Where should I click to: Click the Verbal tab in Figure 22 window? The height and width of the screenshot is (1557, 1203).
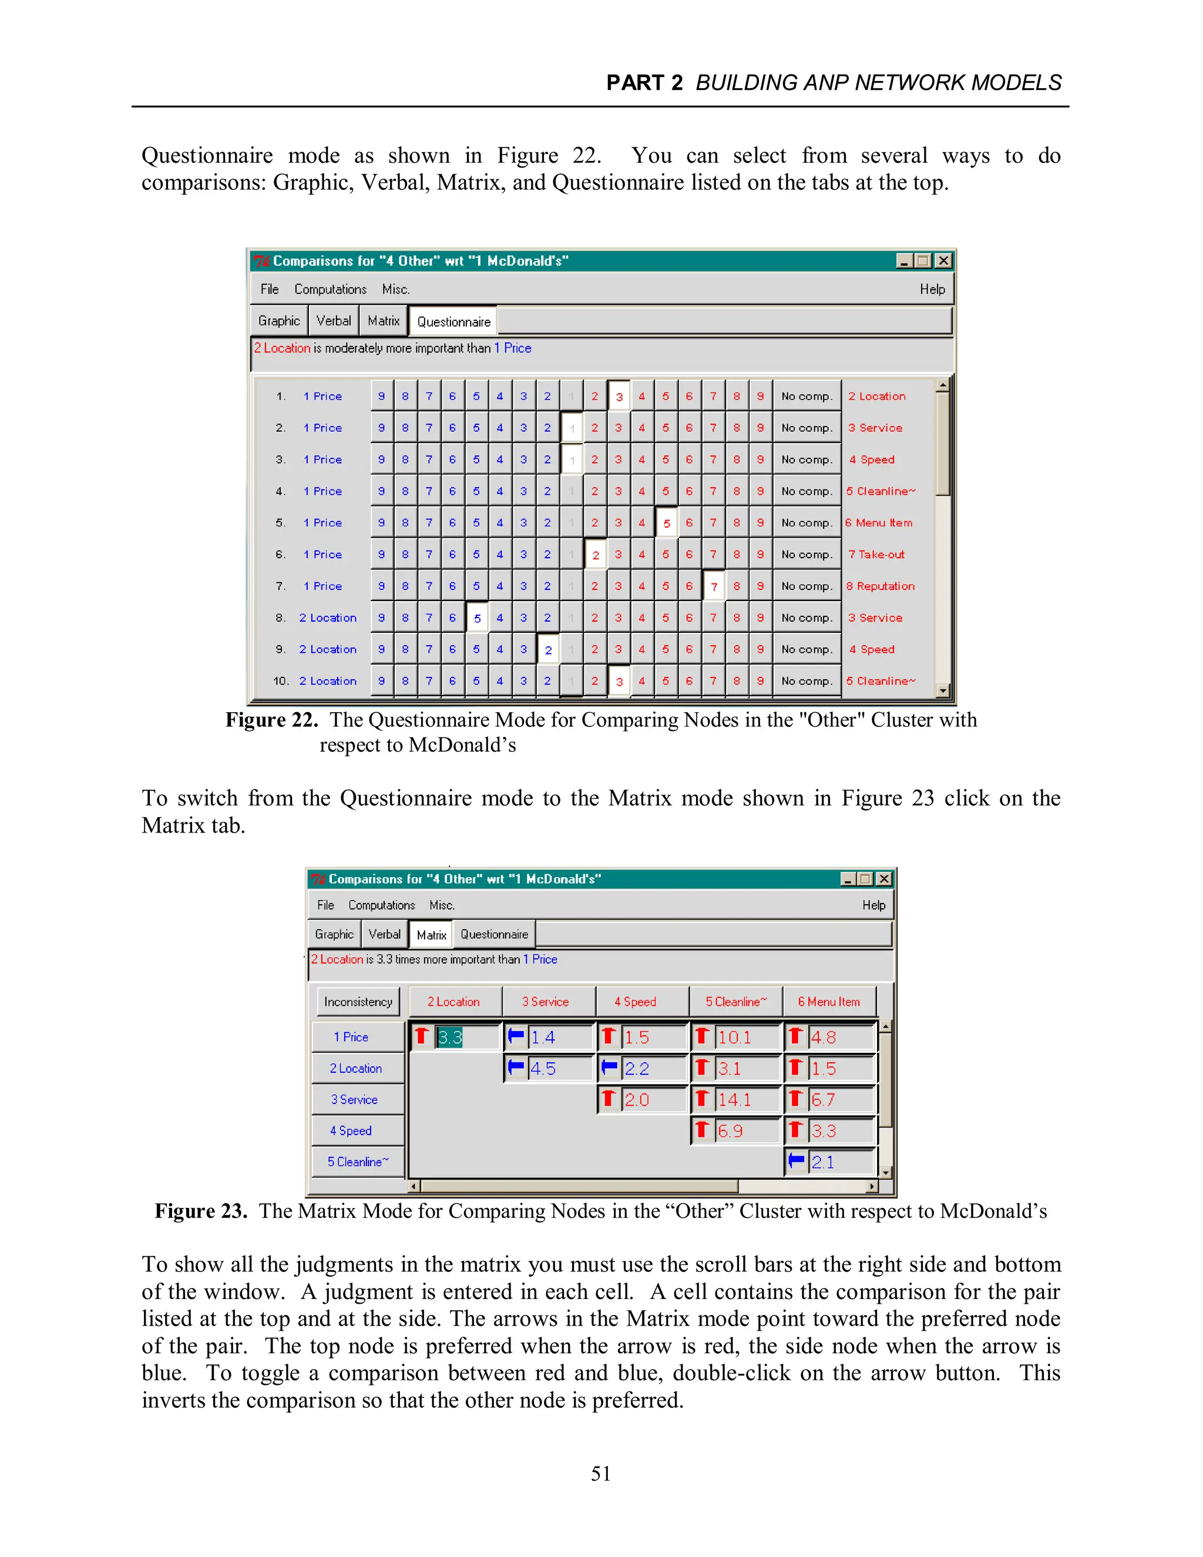[334, 321]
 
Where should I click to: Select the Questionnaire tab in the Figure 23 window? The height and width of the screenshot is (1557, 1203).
[494, 934]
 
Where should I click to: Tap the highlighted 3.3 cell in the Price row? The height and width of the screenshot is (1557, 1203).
[451, 1037]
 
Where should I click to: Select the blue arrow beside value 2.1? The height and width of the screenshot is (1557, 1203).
[796, 1162]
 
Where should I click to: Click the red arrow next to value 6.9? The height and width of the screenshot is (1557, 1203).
[702, 1130]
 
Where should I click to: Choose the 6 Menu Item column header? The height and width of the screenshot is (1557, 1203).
[829, 1002]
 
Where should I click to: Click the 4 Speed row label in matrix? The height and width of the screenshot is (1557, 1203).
[351, 1130]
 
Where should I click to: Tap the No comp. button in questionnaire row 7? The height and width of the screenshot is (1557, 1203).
[806, 586]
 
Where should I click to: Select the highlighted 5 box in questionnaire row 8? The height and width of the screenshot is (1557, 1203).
[477, 618]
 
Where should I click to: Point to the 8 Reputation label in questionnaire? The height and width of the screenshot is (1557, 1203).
[880, 586]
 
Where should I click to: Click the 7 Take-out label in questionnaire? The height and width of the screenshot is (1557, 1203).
[876, 554]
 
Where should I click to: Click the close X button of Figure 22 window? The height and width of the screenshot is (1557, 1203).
[943, 261]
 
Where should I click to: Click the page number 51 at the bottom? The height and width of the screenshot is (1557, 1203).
[601, 1474]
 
